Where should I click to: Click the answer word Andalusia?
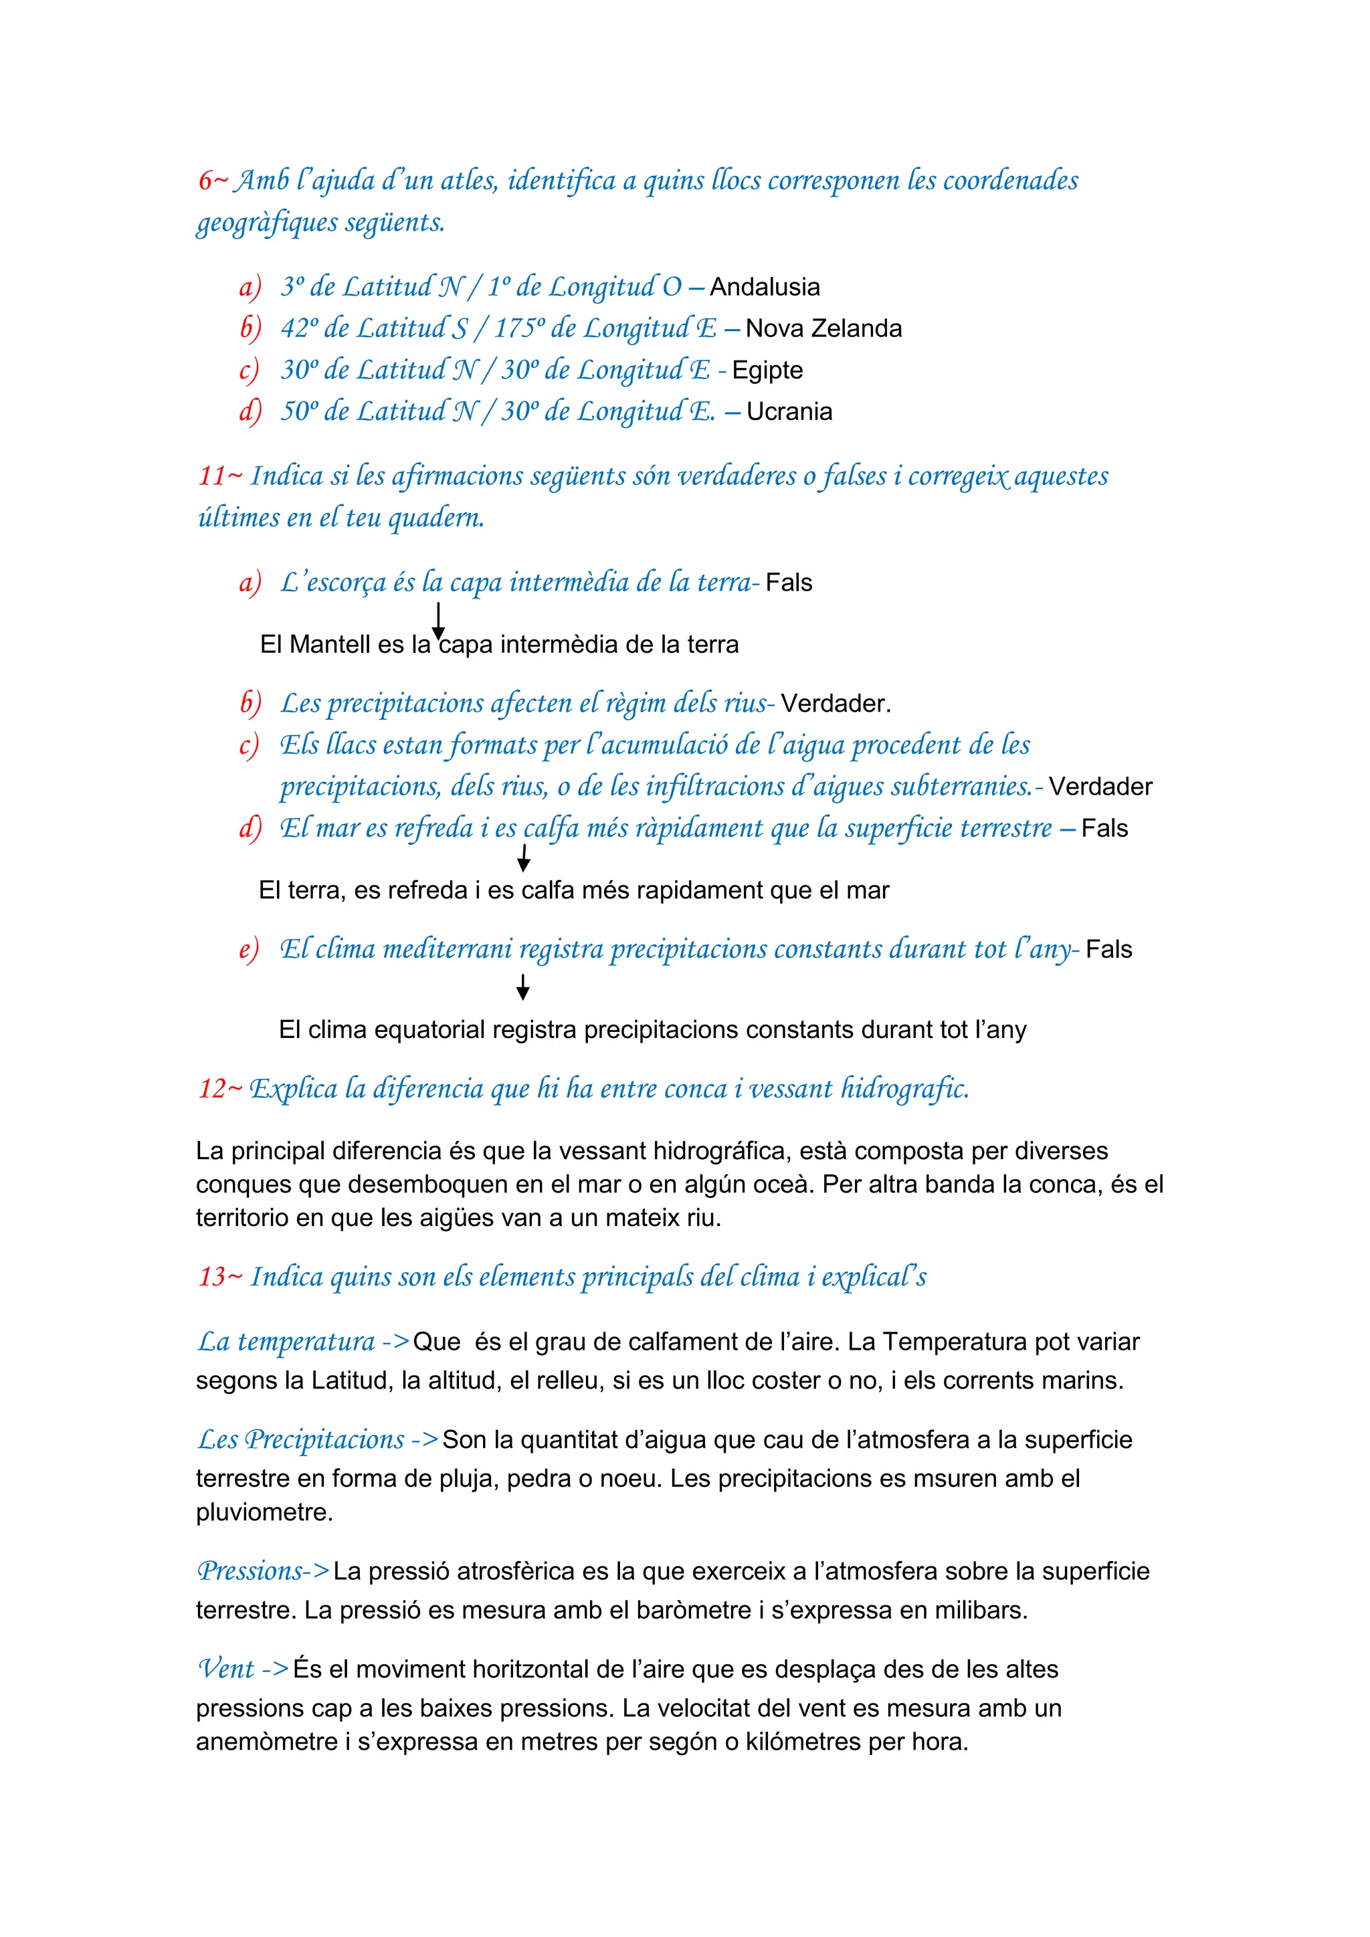click(x=765, y=287)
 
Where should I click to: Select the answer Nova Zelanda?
click(x=823, y=328)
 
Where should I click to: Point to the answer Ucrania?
click(x=789, y=412)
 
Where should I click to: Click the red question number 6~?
click(x=213, y=181)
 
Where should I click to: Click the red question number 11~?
click(x=220, y=476)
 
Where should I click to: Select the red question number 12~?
click(x=220, y=1088)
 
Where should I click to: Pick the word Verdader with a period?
click(x=835, y=704)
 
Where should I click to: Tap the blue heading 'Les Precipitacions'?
click(x=301, y=1439)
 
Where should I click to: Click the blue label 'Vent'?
click(x=226, y=1669)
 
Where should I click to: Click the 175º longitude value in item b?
click(x=519, y=328)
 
